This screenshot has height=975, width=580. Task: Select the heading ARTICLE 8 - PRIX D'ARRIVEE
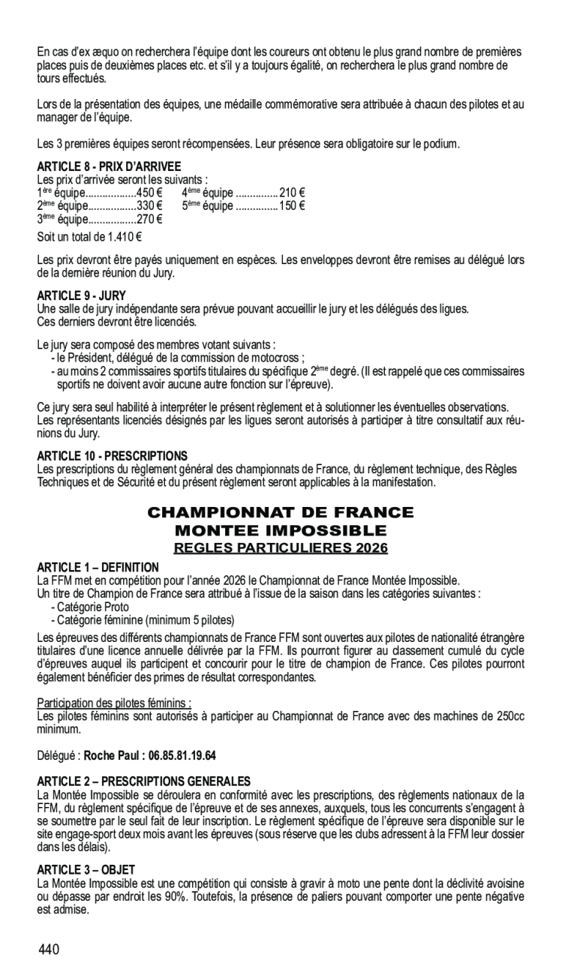coord(109,166)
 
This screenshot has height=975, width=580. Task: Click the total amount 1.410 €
coord(122,238)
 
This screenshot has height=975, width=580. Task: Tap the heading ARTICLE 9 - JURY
coord(82,295)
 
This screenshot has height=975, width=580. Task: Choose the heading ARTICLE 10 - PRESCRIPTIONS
coord(112,455)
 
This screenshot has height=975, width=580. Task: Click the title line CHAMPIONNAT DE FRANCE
coord(281,513)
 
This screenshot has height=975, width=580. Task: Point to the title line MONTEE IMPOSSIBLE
coord(281,531)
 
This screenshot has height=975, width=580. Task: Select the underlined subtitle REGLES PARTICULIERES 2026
coord(281,547)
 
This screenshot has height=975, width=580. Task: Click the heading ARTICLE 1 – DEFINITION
coord(98,567)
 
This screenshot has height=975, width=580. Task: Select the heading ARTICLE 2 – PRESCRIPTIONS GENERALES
coord(144,781)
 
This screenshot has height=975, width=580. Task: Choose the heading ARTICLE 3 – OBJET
coord(86,869)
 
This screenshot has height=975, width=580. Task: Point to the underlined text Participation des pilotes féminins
coord(113,703)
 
